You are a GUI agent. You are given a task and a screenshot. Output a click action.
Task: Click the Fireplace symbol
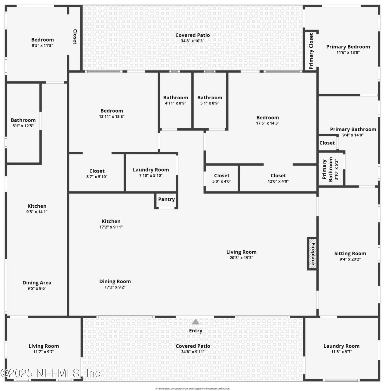pyautogui.click(x=313, y=254)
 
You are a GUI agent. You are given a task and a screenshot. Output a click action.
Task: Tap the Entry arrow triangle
pyautogui.click(x=196, y=322)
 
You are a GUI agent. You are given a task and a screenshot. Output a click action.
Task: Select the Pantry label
pyautogui.click(x=166, y=199)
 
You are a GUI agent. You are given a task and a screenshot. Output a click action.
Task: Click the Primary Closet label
pyautogui.click(x=311, y=51)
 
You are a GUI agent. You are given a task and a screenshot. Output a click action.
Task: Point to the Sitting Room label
pyautogui.click(x=350, y=253)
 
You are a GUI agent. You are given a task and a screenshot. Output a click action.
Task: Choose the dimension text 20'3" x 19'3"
pyautogui.click(x=241, y=258)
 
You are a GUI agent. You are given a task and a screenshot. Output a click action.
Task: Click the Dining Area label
pyautogui.click(x=37, y=283)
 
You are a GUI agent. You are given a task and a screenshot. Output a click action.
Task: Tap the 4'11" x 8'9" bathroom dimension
pyautogui.click(x=176, y=103)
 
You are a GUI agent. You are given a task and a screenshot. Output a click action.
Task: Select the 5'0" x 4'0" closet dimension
pyautogui.click(x=222, y=181)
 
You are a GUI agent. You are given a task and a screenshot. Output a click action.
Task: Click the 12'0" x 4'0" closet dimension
pyautogui.click(x=278, y=181)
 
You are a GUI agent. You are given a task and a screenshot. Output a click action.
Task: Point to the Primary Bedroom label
pyautogui.click(x=348, y=47)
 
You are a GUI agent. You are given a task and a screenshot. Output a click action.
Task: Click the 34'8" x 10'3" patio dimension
pyautogui.click(x=192, y=41)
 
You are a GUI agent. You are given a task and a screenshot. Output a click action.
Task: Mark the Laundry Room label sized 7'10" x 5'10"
pyautogui.click(x=151, y=170)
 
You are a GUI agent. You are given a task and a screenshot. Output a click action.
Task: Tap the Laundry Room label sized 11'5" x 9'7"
pyautogui.click(x=341, y=346)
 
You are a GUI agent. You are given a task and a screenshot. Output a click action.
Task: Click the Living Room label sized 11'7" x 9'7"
pyautogui.click(x=44, y=346)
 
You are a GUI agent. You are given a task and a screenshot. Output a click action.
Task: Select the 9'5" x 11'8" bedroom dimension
pyautogui.click(x=42, y=45)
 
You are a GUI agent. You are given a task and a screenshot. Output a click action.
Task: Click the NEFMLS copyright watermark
pyautogui.click(x=51, y=373)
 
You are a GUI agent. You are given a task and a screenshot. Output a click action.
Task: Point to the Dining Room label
pyautogui.click(x=115, y=281)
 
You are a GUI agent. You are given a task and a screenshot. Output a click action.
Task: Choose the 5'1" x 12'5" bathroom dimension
pyautogui.click(x=23, y=126)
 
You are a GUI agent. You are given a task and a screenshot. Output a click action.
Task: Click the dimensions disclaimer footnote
pyautogui.click(x=192, y=389)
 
